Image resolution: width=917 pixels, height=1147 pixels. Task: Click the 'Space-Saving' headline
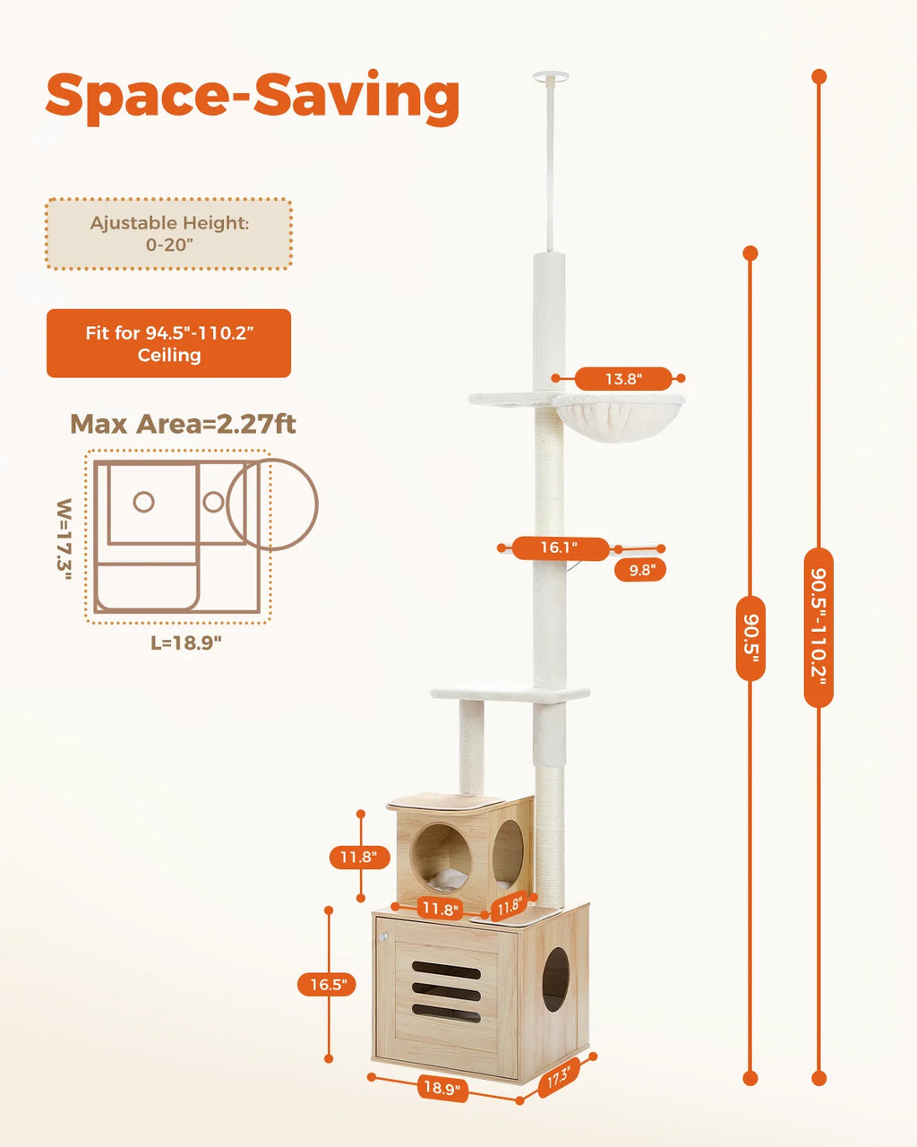pyautogui.click(x=253, y=96)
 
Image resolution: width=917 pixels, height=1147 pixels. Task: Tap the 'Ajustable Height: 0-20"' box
pyautogui.click(x=169, y=234)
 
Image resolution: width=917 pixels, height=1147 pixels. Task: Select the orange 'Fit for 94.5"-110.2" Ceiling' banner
pyautogui.click(x=169, y=343)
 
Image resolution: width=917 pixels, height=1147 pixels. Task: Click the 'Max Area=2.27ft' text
pyautogui.click(x=183, y=424)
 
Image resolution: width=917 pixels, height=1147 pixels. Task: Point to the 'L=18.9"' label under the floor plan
pyautogui.click(x=185, y=642)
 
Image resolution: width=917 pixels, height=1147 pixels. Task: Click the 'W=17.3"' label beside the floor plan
pyautogui.click(x=64, y=539)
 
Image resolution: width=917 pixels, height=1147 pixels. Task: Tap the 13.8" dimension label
pyautogui.click(x=623, y=379)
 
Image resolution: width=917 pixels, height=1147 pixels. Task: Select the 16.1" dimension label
pyautogui.click(x=559, y=548)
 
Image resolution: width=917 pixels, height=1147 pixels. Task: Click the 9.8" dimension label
pyautogui.click(x=641, y=570)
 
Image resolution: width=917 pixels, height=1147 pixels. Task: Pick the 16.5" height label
pyautogui.click(x=328, y=985)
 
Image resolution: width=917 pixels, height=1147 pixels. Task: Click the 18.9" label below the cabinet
pyautogui.click(x=441, y=1089)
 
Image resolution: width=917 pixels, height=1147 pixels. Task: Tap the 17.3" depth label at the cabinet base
pyautogui.click(x=559, y=1078)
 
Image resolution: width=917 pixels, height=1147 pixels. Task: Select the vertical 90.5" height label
pyautogui.click(x=750, y=638)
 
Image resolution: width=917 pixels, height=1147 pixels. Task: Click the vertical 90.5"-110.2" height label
pyautogui.click(x=818, y=627)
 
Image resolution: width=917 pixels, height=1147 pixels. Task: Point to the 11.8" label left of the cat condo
pyautogui.click(x=358, y=858)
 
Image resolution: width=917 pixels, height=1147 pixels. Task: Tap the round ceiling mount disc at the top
pyautogui.click(x=550, y=77)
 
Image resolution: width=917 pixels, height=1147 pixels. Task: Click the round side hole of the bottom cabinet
pyautogui.click(x=555, y=979)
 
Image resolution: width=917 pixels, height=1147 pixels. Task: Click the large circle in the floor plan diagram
pyautogui.click(x=272, y=505)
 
